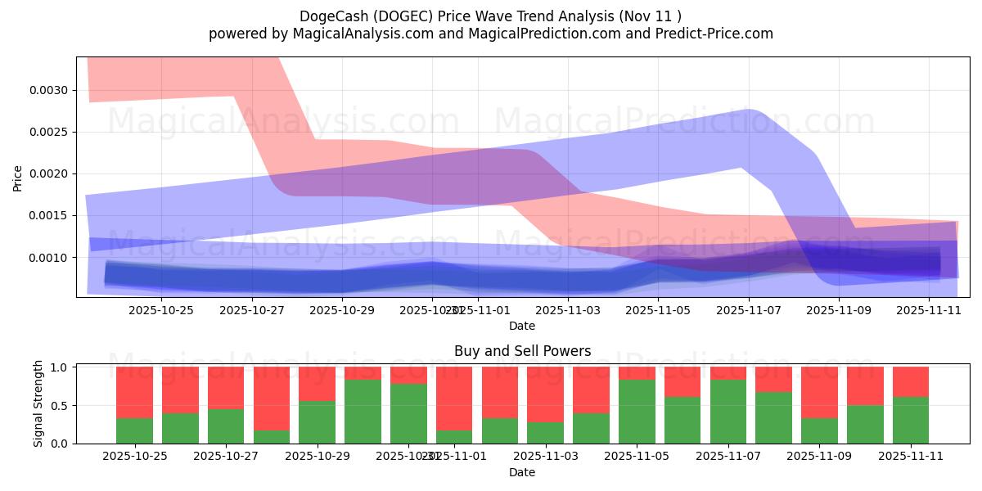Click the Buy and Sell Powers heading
pyautogui.click(x=522, y=351)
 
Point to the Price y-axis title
pyautogui.click(x=17, y=177)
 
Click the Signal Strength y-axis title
pyautogui.click(x=38, y=403)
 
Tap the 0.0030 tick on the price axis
pyautogui.click(x=49, y=90)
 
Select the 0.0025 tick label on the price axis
pyautogui.click(x=49, y=132)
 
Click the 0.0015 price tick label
pyautogui.click(x=49, y=215)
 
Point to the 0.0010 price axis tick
pyautogui.click(x=49, y=258)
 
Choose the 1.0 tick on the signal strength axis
pyautogui.click(x=60, y=367)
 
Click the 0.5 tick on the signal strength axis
pyautogui.click(x=60, y=406)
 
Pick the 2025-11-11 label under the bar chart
pyautogui.click(x=911, y=457)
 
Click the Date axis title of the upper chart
pyautogui.click(x=522, y=326)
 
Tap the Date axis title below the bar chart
pyautogui.click(x=522, y=472)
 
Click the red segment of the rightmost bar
pyautogui.click(x=910, y=381)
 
